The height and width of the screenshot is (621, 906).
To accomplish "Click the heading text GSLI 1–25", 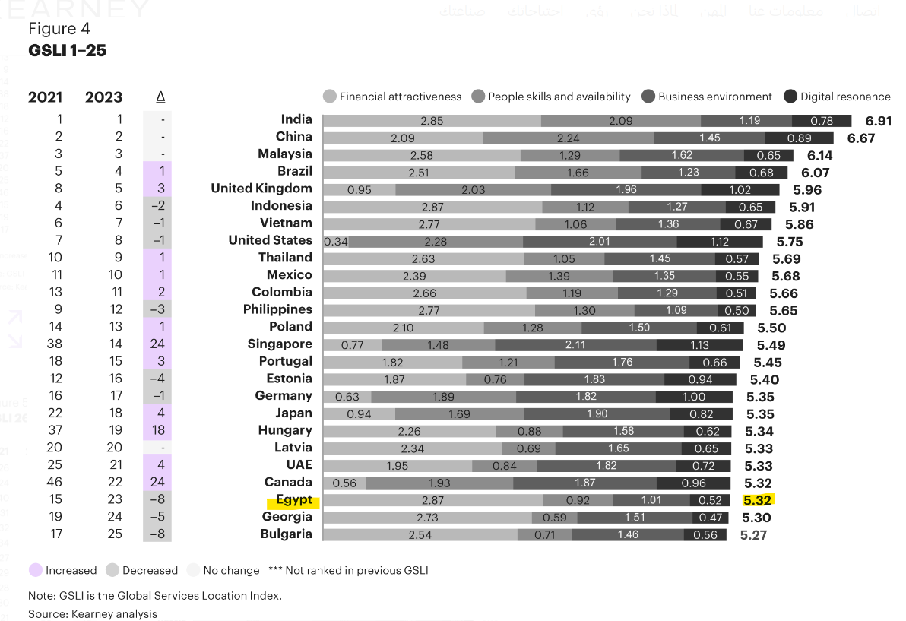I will click(67, 51).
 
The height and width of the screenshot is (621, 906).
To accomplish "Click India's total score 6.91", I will click(878, 121).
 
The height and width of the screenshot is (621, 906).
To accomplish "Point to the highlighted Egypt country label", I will click(293, 500).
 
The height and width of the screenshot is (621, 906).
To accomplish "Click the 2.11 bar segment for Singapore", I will click(575, 345).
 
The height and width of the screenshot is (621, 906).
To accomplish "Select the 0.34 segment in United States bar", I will click(336, 242).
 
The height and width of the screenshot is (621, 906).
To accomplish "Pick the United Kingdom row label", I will click(261, 189).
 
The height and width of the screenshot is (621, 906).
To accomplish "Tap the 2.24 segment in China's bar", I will click(568, 138).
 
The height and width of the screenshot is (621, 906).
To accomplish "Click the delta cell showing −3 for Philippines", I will click(157, 309).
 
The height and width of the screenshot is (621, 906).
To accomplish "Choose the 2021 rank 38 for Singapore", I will click(55, 344).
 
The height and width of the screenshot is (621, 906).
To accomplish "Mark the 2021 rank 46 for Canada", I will click(55, 482).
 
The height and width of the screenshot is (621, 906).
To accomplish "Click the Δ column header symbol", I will click(160, 97).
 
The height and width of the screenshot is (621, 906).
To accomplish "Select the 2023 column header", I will click(103, 97).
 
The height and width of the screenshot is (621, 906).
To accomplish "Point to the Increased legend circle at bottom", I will click(35, 570).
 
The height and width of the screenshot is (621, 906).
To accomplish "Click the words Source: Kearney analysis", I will click(93, 613).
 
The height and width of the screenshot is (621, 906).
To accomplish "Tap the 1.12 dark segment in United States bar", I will click(719, 242).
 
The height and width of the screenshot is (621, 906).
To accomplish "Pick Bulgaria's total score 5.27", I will click(753, 535).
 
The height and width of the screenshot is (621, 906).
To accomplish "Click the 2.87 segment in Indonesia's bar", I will click(432, 207).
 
